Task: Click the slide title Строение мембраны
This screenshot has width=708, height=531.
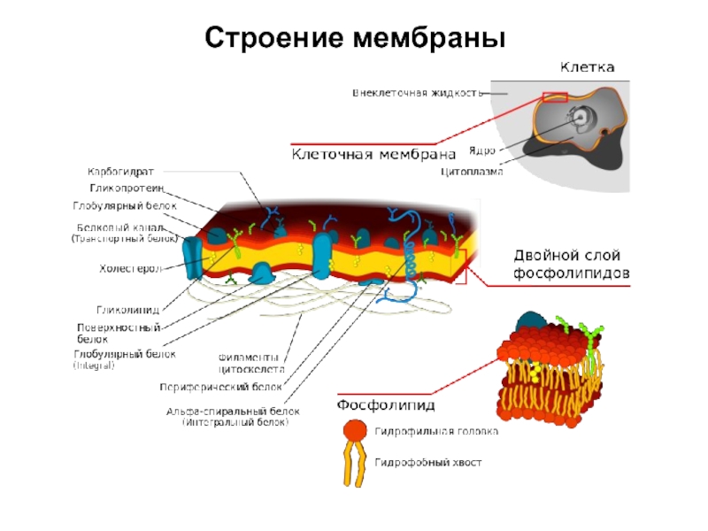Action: [354, 38]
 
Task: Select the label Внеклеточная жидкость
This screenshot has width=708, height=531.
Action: [417, 92]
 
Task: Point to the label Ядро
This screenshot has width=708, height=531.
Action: [481, 151]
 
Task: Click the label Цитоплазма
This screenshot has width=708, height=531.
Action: [472, 172]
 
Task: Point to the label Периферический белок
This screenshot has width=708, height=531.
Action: [220, 387]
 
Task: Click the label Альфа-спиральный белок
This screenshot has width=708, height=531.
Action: [234, 412]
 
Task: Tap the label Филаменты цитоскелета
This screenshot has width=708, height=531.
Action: [252, 362]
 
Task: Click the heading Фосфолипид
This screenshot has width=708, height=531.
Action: [384, 406]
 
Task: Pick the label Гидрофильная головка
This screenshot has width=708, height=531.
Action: [435, 432]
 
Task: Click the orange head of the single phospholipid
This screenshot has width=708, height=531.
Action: [354, 430]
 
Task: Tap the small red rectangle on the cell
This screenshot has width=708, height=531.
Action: [554, 96]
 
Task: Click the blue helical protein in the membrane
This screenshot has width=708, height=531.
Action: [410, 257]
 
